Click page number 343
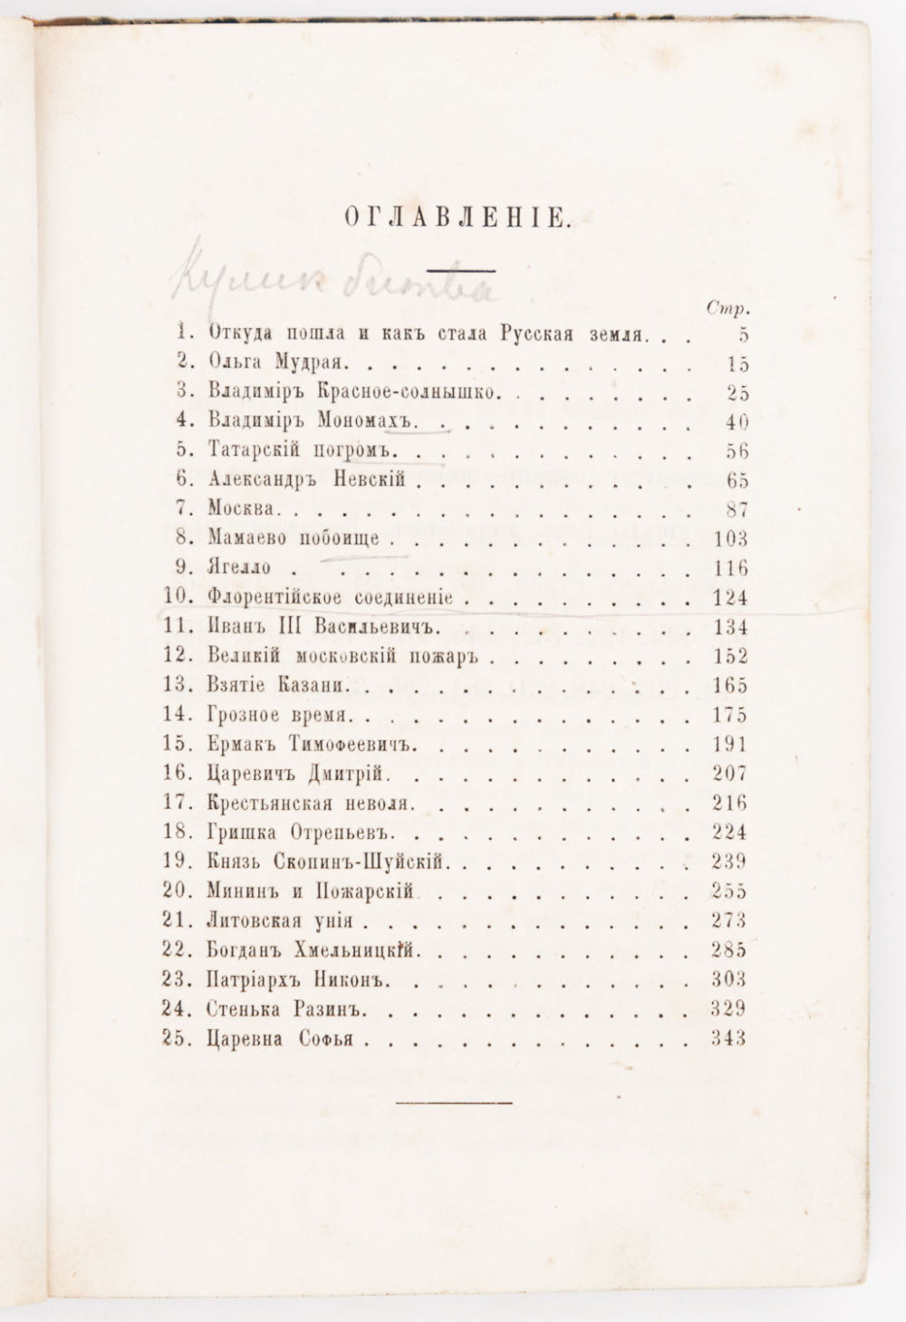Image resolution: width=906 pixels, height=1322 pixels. click(x=728, y=1038)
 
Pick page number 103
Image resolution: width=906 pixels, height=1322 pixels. click(x=728, y=540)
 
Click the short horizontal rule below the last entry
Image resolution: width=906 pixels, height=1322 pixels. click(x=455, y=1101)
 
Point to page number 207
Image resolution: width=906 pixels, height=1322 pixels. click(x=728, y=775)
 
